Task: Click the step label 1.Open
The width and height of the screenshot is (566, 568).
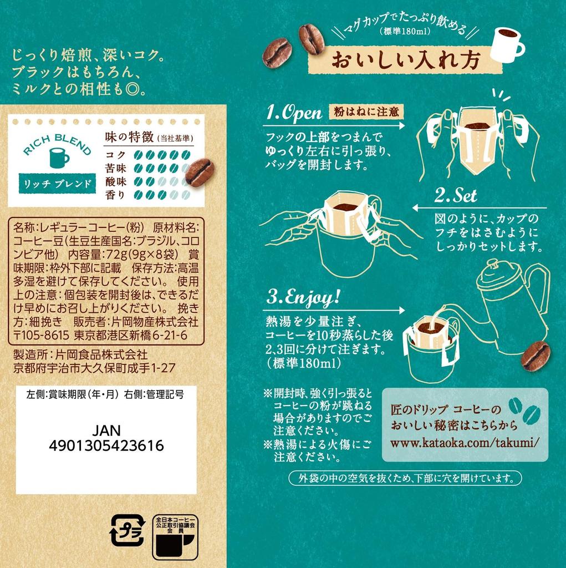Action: [293, 113]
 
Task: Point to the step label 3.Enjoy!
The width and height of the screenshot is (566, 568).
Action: [302, 297]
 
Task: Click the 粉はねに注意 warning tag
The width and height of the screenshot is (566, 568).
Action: [366, 111]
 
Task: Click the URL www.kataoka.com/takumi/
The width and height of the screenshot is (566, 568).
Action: [465, 443]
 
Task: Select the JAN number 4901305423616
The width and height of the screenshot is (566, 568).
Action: [106, 446]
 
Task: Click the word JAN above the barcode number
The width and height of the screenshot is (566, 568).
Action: [106, 431]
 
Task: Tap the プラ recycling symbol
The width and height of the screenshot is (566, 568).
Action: [127, 530]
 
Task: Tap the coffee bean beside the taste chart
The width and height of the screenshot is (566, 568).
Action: [199, 172]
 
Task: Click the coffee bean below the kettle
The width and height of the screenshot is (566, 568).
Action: [535, 356]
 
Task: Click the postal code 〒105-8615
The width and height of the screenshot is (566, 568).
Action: [40, 336]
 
